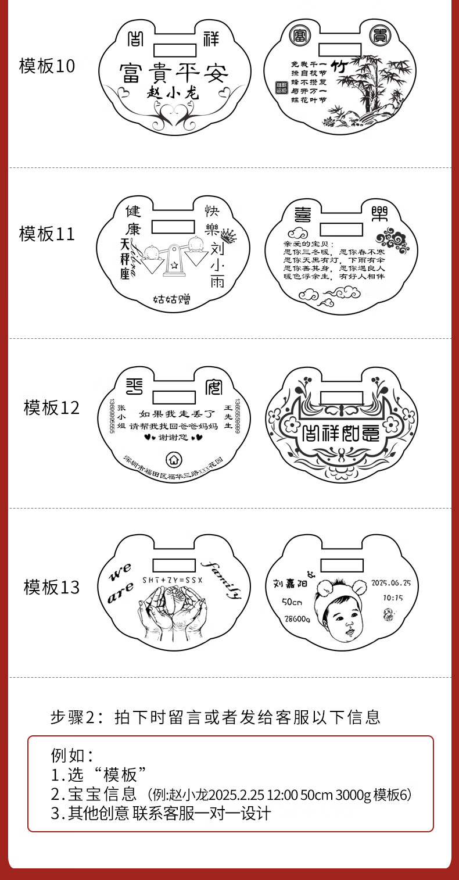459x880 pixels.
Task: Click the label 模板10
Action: [x=47, y=66]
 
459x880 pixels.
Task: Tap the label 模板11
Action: [x=47, y=234]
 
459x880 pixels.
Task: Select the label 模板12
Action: [x=51, y=407]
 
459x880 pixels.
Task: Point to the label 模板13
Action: [x=51, y=587]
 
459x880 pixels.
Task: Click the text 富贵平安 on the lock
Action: [x=174, y=73]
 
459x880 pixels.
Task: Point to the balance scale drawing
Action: [x=173, y=259]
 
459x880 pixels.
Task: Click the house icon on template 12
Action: [x=173, y=459]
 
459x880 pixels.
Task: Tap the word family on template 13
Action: [x=222, y=578]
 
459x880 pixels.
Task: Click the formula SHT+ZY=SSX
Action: [x=174, y=581]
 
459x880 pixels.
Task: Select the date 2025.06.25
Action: [x=390, y=583]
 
